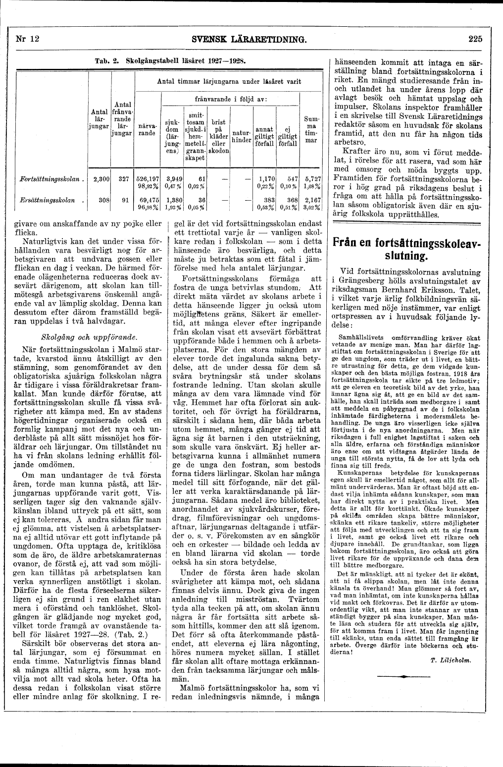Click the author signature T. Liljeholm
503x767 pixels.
[450, 660]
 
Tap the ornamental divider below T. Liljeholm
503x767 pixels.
[405, 676]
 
